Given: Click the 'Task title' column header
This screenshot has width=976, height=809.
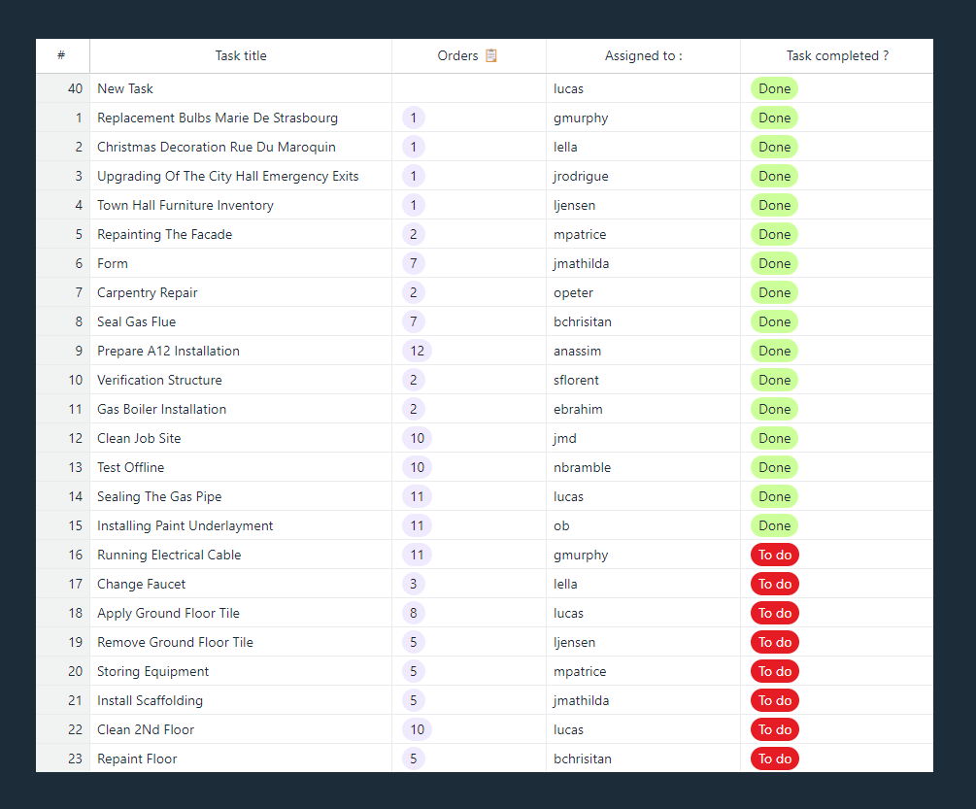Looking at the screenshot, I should (241, 55).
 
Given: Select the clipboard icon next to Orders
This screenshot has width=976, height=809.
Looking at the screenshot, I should (491, 55).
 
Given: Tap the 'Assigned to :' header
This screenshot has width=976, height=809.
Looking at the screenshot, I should (643, 55).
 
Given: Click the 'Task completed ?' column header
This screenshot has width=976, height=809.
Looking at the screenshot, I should (836, 55).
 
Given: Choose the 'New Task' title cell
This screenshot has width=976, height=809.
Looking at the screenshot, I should (125, 88).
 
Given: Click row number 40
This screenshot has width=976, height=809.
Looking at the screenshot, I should (75, 88).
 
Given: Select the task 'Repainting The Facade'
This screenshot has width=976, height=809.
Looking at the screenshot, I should (164, 234).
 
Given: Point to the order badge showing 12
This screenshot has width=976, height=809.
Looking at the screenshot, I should (417, 351).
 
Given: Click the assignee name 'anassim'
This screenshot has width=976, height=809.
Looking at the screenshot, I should (580, 351).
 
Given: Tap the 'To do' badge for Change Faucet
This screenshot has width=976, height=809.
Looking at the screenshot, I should (774, 584).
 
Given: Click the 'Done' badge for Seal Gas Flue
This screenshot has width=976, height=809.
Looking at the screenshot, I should (774, 321).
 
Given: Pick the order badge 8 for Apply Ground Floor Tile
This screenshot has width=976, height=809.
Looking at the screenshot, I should (413, 613).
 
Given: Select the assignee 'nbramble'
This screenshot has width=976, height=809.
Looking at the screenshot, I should (582, 467).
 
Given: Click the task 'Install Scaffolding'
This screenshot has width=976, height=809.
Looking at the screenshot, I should (150, 700).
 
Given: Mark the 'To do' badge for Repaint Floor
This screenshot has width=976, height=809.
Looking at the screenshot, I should (774, 758).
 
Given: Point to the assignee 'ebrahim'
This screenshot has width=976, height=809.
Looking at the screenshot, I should (578, 409).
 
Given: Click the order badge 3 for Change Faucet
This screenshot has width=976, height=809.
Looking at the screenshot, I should (413, 584).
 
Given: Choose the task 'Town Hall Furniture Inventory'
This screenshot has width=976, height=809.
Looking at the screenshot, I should (185, 205).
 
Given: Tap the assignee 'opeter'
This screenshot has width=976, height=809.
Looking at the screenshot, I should (573, 292).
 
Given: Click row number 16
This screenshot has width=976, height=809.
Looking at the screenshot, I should (75, 555).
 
